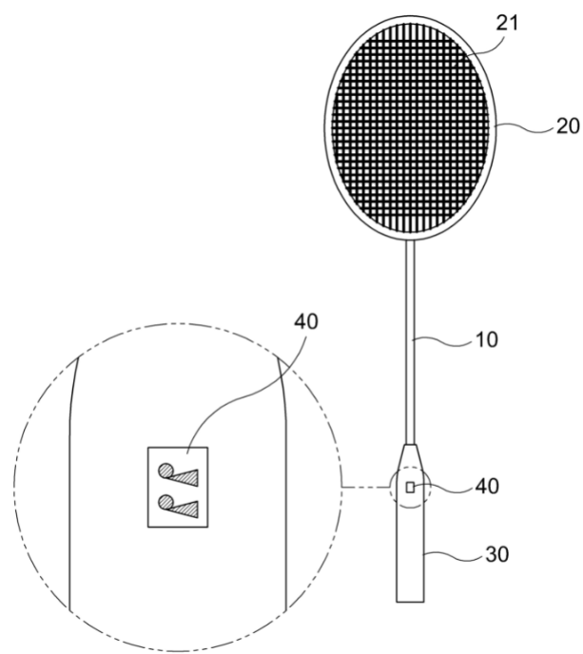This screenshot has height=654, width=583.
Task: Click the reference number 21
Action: [508, 24]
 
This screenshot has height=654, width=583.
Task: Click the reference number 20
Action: [569, 125]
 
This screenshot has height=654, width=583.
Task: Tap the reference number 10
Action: [487, 340]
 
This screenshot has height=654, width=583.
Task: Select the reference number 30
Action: [497, 555]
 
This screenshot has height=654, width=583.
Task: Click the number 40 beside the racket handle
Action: [487, 487]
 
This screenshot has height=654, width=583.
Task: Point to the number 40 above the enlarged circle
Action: [306, 321]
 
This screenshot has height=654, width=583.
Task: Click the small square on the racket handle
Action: [411, 487]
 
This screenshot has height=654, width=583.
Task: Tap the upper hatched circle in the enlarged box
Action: [165, 471]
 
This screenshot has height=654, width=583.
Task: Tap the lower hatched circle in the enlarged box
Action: [165, 502]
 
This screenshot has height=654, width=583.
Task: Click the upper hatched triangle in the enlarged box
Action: [185, 478]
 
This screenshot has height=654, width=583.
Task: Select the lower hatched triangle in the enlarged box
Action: [185, 510]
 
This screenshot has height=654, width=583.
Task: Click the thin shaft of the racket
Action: [411, 343]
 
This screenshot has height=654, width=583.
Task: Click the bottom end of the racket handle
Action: [410, 602]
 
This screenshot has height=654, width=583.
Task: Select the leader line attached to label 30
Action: [454, 555]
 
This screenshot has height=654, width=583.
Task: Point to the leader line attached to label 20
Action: [525, 127]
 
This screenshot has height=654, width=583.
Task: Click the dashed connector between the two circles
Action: [366, 487]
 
